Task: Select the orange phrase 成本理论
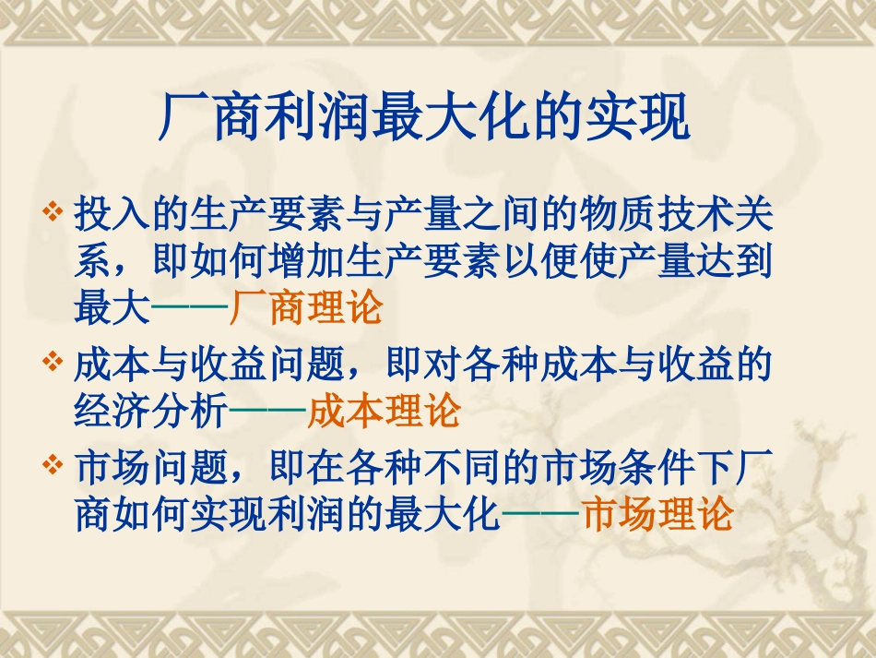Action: tap(383, 412)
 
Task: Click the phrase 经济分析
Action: tap(150, 412)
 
